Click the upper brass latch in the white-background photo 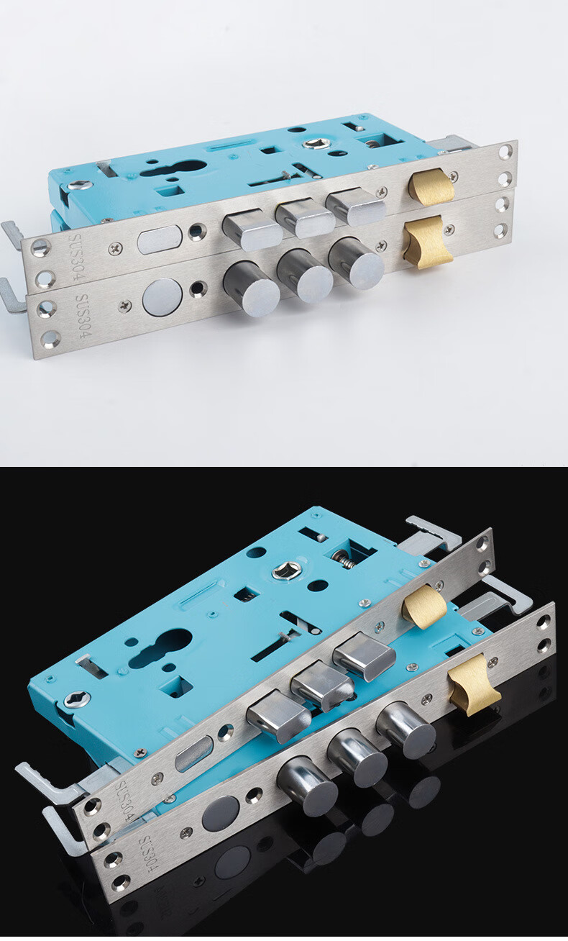point(431,186)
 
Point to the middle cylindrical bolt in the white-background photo point(304,275)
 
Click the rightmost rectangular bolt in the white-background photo point(356,208)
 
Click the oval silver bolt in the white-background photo point(160,240)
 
